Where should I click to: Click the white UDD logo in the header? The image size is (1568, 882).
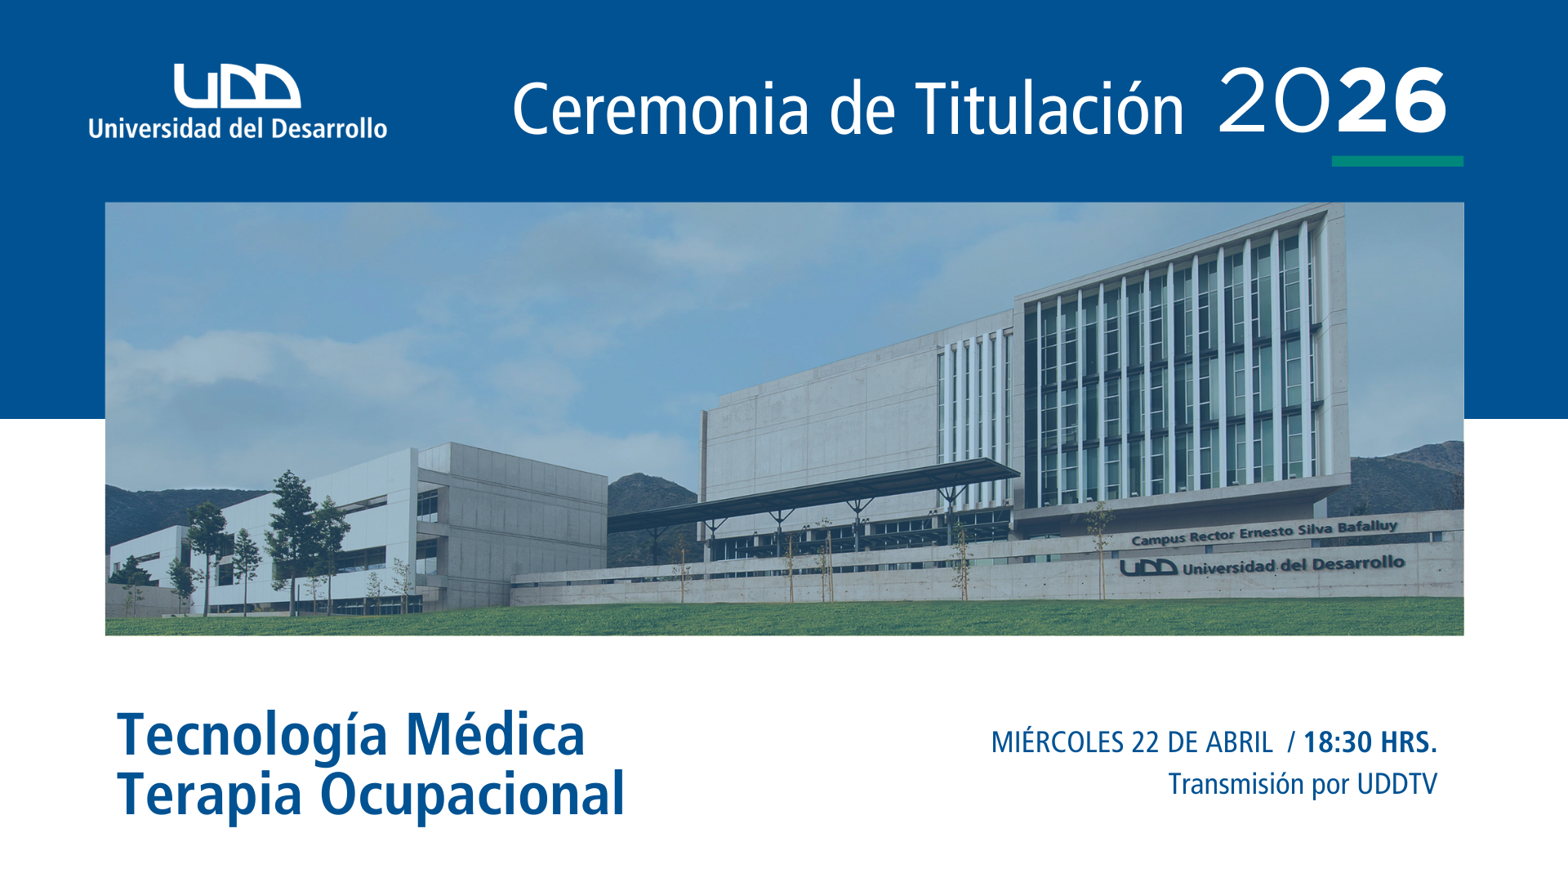pyautogui.click(x=237, y=86)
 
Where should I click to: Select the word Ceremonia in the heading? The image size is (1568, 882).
pyautogui.click(x=661, y=109)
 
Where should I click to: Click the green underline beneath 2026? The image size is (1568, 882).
pyautogui.click(x=1397, y=161)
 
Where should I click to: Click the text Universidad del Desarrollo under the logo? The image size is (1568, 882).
pyautogui.click(x=238, y=128)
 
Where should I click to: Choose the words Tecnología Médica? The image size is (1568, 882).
pyautogui.click(x=351, y=735)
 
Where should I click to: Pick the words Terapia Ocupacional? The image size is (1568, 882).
pyautogui.click(x=371, y=794)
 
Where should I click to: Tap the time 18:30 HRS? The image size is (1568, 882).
pyautogui.click(x=1370, y=742)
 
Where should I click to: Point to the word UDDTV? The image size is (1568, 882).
pyautogui.click(x=1396, y=784)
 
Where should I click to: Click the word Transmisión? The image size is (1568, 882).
pyautogui.click(x=1236, y=784)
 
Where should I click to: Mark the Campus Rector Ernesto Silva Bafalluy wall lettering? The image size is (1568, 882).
pyautogui.click(x=1264, y=532)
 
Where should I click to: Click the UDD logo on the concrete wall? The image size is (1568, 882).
pyautogui.click(x=1147, y=568)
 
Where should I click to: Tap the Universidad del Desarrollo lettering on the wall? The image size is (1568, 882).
pyautogui.click(x=1294, y=564)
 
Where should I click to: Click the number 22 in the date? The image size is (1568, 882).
pyautogui.click(x=1146, y=742)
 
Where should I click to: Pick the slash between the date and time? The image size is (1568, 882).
pyautogui.click(x=1291, y=742)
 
